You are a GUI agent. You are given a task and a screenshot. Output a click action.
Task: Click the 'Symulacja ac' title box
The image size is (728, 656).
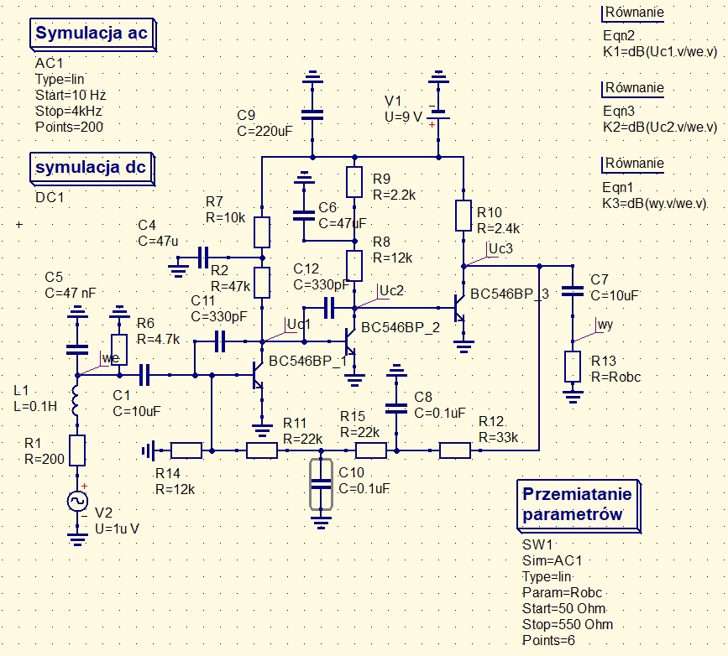[92, 34]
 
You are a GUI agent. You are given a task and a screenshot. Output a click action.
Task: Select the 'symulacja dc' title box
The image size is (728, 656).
[91, 167]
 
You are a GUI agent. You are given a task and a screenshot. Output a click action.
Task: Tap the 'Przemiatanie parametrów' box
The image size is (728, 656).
[573, 503]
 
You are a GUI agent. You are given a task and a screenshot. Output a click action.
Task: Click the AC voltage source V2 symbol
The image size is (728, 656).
[77, 501]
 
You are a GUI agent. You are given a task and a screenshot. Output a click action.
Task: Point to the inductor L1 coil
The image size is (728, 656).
[77, 402]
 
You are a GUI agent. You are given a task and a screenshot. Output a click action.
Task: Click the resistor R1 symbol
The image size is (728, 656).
[77, 450]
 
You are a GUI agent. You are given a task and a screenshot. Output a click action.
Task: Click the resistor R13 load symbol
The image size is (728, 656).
[573, 367]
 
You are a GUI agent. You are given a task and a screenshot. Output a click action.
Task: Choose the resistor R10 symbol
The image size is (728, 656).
[463, 215]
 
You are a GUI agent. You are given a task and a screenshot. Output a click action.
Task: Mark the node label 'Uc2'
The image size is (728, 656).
[391, 290]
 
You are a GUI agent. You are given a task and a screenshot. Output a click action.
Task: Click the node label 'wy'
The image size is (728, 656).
[605, 325]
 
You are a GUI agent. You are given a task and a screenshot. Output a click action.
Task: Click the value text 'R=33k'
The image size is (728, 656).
[499, 437]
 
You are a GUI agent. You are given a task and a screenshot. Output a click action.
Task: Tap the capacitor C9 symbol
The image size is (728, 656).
[313, 115]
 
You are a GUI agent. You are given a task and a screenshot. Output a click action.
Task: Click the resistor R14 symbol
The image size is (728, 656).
[186, 450]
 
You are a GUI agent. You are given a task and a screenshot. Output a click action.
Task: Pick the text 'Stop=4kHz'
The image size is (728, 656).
[69, 111]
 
